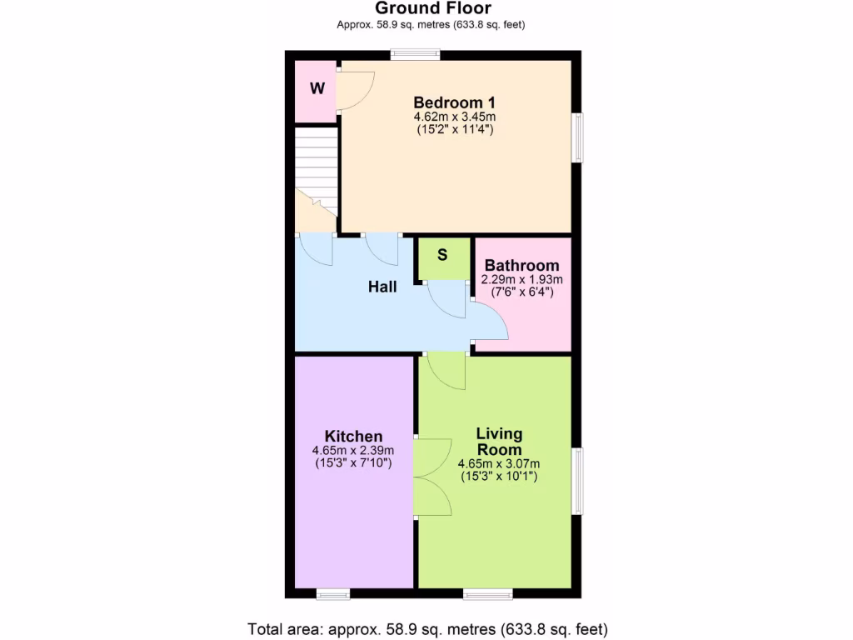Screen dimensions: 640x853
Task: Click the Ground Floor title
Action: pos(432,8)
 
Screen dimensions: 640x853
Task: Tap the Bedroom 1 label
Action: pos(454,103)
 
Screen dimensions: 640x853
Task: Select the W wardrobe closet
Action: pos(317,88)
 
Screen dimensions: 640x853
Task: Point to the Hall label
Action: pos(382,287)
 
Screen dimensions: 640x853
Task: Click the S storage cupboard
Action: pos(442,255)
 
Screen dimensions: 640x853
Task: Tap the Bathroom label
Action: pos(521,266)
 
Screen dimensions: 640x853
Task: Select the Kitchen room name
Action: pos(353,436)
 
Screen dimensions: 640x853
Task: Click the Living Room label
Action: pos(499,441)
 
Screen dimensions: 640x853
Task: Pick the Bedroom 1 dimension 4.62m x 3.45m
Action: pos(454,117)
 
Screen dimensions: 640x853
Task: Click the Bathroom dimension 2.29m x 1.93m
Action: pos(521,280)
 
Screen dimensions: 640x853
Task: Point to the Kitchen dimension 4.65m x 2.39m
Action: pos(353,451)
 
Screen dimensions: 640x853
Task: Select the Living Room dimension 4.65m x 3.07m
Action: pos(499,464)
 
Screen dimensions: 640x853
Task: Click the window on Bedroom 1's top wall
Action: pos(416,55)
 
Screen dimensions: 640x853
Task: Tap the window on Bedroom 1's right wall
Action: pos(576,137)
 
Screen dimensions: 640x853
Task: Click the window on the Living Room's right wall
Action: pos(576,481)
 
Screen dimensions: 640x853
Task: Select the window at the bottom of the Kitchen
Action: pos(332,593)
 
